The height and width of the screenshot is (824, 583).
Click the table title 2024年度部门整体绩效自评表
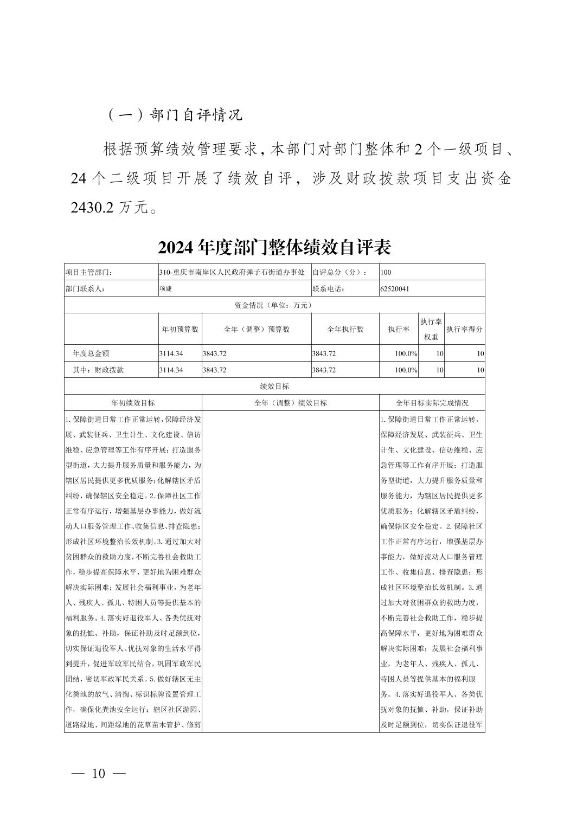click(274, 248)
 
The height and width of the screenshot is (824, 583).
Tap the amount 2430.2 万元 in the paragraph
click(114, 208)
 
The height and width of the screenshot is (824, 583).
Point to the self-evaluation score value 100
click(386, 272)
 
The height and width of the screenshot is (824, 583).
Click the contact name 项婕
click(165, 289)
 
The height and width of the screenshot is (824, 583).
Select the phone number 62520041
click(395, 289)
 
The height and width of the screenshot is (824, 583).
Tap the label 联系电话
click(328, 289)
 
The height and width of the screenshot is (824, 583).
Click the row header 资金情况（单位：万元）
click(274, 305)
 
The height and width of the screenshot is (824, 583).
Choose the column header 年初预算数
click(180, 329)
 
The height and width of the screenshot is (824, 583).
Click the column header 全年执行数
click(345, 329)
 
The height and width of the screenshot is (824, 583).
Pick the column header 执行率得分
click(464, 329)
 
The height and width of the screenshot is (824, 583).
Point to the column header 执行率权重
click(431, 329)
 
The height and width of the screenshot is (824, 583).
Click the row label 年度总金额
click(91, 353)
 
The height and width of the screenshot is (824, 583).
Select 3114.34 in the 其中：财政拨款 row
click(171, 370)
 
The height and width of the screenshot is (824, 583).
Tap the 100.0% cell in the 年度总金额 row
click(406, 353)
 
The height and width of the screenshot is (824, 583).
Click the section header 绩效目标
click(274, 387)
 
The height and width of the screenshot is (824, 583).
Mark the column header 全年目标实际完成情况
click(432, 403)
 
